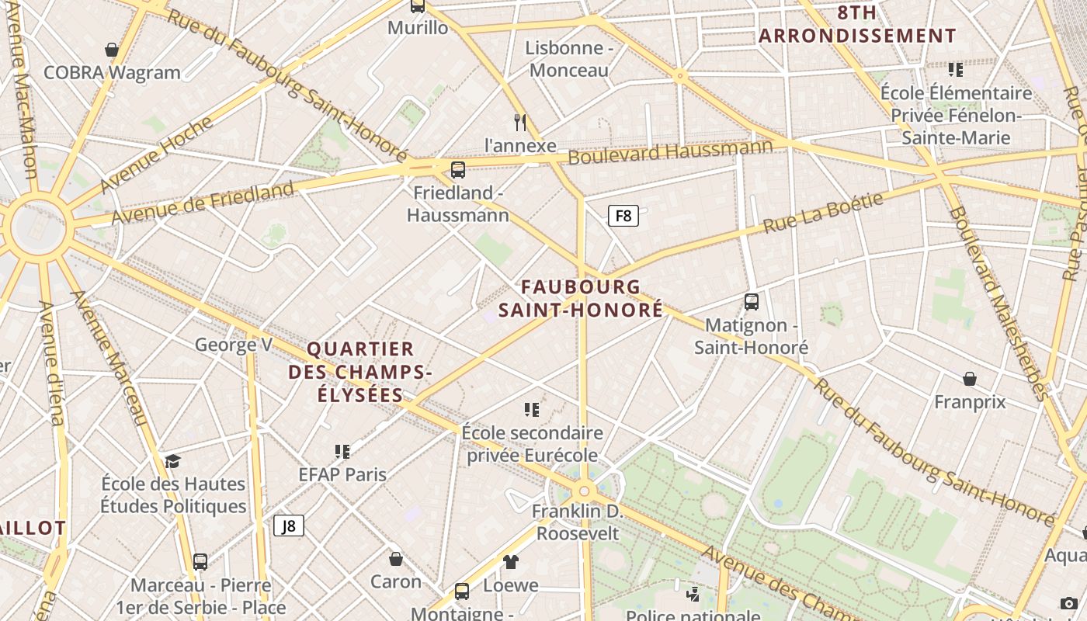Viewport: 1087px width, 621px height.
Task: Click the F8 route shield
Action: pyautogui.click(x=623, y=216)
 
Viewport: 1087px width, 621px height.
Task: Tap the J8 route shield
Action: pyautogui.click(x=289, y=526)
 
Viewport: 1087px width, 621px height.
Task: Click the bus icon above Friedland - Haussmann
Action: pyautogui.click(x=458, y=169)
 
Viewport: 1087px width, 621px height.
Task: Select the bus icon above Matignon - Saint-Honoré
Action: pyautogui.click(x=751, y=301)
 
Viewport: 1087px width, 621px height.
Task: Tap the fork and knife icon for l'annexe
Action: pyautogui.click(x=520, y=122)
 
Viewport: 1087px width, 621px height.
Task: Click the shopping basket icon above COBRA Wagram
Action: pyautogui.click(x=112, y=50)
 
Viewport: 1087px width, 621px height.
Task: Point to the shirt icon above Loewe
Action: pyautogui.click(x=510, y=561)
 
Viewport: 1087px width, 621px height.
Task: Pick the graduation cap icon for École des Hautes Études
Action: pyautogui.click(x=172, y=461)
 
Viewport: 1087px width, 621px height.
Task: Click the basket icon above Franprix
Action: pyautogui.click(x=970, y=379)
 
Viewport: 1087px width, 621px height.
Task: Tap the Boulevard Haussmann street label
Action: pyautogui.click(x=671, y=151)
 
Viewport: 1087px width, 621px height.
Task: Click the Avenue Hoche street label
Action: pyautogui.click(x=156, y=155)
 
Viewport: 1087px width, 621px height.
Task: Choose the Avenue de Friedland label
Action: pyautogui.click(x=203, y=203)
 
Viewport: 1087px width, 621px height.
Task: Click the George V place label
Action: pyautogui.click(x=234, y=345)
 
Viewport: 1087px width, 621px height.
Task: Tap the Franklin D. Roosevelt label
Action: pyautogui.click(x=578, y=522)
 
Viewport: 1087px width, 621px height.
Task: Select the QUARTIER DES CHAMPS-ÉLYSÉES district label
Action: pyautogui.click(x=360, y=372)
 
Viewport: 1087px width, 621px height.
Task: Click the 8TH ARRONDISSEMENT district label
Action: pyautogui.click(x=857, y=24)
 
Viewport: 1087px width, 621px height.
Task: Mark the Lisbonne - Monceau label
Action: pyautogui.click(x=569, y=59)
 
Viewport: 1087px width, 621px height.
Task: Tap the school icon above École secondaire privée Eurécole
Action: pyautogui.click(x=532, y=409)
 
